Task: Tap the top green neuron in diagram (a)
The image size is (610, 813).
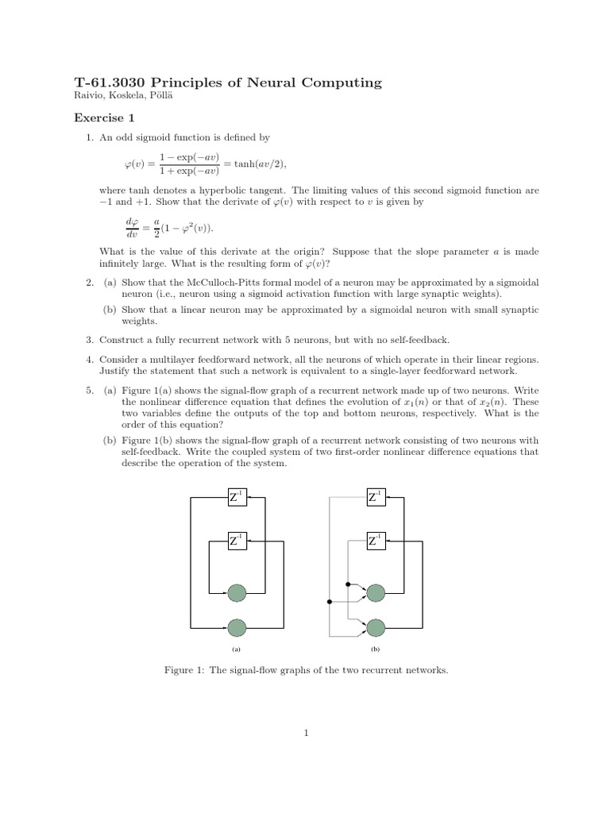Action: tap(237, 592)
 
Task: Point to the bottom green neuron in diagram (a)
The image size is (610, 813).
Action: tap(237, 627)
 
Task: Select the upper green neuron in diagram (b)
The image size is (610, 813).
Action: tap(376, 592)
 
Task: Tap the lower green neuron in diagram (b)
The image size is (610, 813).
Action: tap(376, 627)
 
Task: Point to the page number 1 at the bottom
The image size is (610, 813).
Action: tap(305, 734)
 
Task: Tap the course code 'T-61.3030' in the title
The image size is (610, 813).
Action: tap(106, 83)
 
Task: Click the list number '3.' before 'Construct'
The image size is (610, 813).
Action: tap(90, 339)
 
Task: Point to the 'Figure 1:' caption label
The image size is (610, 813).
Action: tap(184, 671)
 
